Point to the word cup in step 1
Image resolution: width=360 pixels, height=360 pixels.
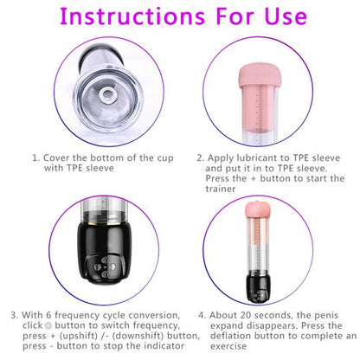(x=148, y=158)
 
